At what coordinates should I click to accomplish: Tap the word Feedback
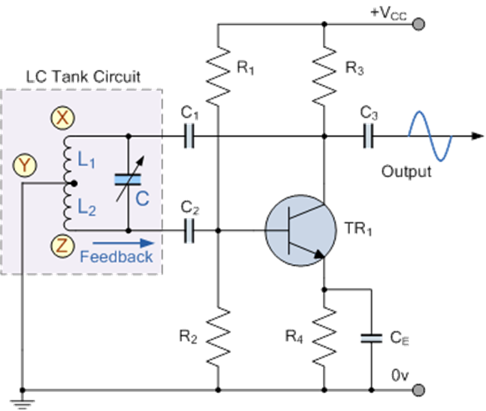[116, 256]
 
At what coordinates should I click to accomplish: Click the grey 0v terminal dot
[418, 389]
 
